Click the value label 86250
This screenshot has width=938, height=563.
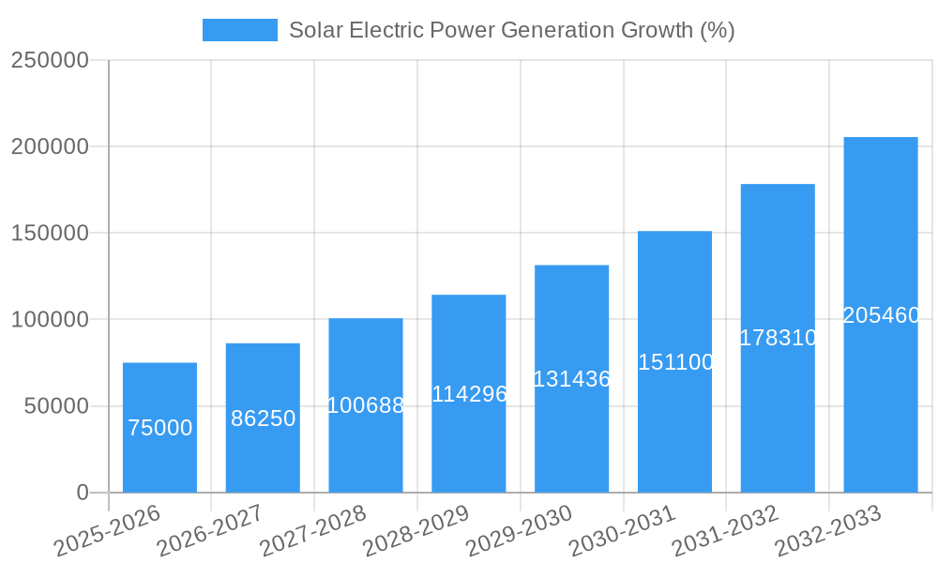click(263, 418)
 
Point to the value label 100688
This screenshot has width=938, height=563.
click(366, 405)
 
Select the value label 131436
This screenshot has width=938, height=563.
click(571, 379)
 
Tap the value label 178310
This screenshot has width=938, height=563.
click(778, 338)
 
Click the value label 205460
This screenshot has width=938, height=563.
click(881, 315)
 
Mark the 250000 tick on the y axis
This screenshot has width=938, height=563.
click(50, 60)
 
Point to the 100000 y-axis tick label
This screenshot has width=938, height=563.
click(50, 320)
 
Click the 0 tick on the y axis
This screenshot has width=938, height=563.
click(83, 493)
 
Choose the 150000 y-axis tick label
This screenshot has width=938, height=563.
click(50, 233)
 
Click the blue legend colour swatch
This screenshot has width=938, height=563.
click(240, 30)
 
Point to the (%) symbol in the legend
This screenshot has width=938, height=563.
click(717, 30)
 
